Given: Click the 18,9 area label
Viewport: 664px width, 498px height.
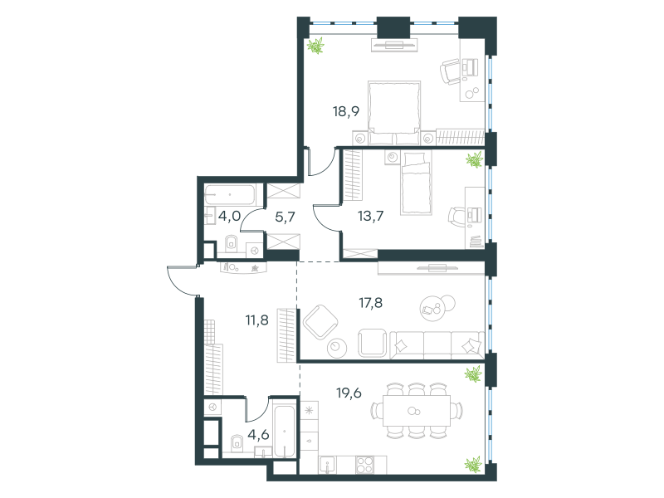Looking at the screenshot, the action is click(x=346, y=111).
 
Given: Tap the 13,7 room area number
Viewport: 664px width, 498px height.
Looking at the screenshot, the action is click(x=370, y=216).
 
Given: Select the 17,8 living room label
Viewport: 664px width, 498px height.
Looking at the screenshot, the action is click(x=370, y=303).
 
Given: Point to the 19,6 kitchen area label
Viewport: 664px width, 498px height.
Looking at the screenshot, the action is click(x=349, y=393).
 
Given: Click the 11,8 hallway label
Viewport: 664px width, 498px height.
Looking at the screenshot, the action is click(x=257, y=320).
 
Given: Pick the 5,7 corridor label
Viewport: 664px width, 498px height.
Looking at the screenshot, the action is click(x=285, y=217).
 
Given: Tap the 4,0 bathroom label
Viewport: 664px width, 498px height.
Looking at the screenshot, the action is click(x=230, y=216).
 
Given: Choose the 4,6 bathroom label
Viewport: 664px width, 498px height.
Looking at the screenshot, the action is click(x=259, y=434).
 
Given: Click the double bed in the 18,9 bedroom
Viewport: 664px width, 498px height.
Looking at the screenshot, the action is click(x=394, y=113).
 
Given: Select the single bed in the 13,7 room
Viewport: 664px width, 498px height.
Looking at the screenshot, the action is click(x=416, y=183).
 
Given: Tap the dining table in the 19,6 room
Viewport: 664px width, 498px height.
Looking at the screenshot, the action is click(x=417, y=411).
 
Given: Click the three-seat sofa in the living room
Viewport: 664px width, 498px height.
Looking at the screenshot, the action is click(x=437, y=344).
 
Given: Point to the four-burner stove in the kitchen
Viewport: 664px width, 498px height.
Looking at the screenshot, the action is click(x=365, y=465).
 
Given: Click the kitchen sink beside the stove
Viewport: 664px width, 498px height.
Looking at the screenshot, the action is click(x=328, y=465).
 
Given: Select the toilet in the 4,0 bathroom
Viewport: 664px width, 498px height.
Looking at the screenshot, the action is click(x=231, y=243).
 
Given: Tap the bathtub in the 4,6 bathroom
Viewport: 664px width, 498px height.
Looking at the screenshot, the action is click(x=284, y=432).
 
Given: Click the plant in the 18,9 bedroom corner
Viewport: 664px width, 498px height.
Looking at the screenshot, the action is click(x=315, y=46).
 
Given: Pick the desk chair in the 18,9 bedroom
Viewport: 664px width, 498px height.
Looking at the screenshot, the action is click(x=450, y=71).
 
